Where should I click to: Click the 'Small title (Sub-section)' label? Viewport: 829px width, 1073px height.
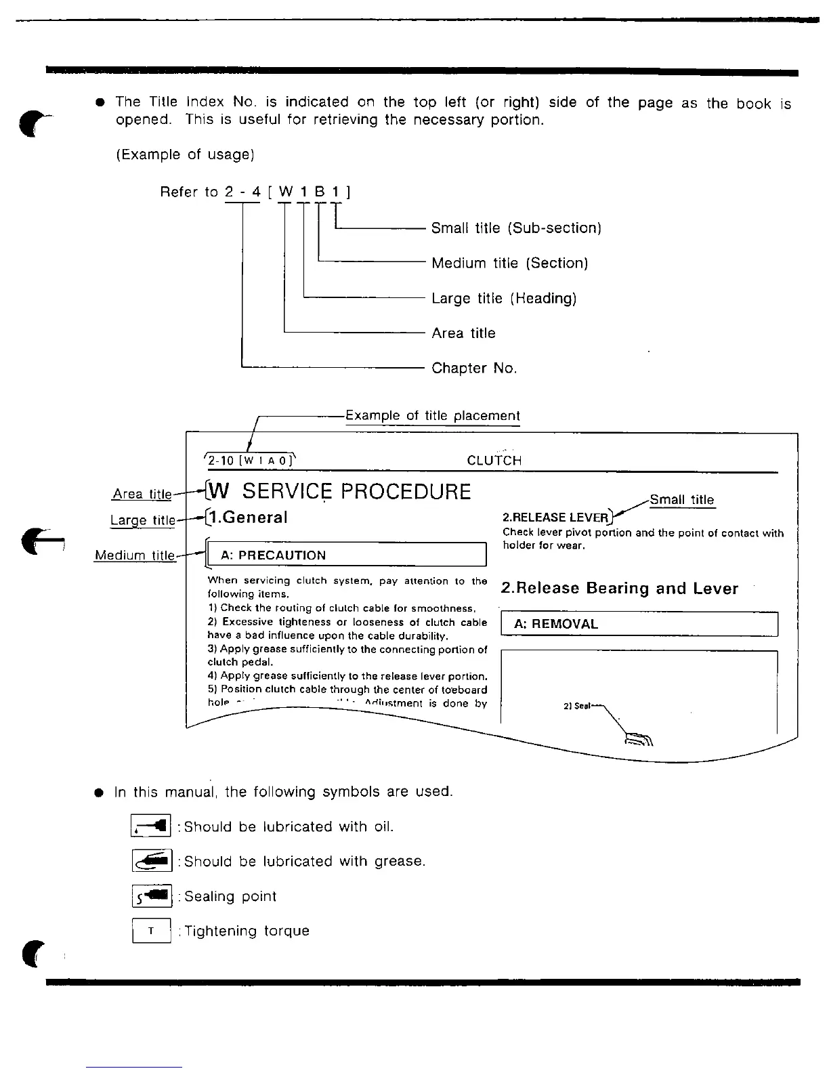point(516,228)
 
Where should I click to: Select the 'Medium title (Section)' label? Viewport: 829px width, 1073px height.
point(509,263)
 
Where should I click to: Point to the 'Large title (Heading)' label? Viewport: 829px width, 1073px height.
point(504,298)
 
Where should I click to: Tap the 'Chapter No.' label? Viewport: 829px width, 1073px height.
point(474,368)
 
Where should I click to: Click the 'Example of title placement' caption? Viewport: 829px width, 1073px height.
point(432,416)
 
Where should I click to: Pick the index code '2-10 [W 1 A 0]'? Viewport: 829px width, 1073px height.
point(250,461)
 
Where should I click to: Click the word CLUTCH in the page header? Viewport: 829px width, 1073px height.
point(494,461)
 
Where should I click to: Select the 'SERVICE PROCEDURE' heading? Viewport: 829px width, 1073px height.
point(356,491)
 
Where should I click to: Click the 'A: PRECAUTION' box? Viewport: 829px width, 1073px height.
point(346,555)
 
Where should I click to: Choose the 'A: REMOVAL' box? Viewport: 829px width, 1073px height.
point(639,624)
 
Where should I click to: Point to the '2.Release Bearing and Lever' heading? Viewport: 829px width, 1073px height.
point(620,588)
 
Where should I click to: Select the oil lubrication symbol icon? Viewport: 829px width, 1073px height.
point(151,826)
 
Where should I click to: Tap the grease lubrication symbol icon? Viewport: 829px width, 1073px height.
point(152,861)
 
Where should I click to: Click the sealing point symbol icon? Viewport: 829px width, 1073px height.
point(152,896)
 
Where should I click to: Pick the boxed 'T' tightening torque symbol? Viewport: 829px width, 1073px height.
point(151,931)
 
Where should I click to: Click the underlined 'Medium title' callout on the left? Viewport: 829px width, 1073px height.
point(135,555)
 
